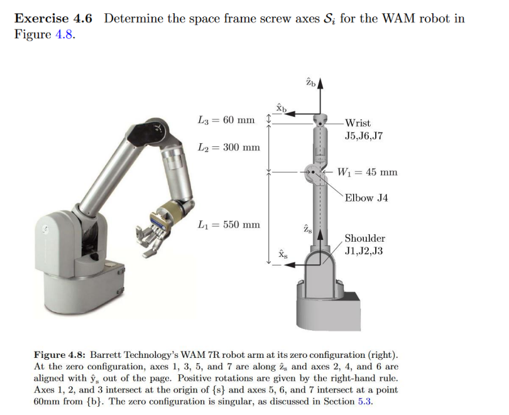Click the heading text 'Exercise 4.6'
click(x=53, y=18)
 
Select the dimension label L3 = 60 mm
click(x=226, y=119)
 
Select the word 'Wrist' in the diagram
click(x=358, y=123)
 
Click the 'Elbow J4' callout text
click(x=366, y=198)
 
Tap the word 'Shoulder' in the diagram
click(x=364, y=239)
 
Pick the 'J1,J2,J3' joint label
click(x=364, y=251)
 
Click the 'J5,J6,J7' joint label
click(x=364, y=135)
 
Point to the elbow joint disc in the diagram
click(x=312, y=172)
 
